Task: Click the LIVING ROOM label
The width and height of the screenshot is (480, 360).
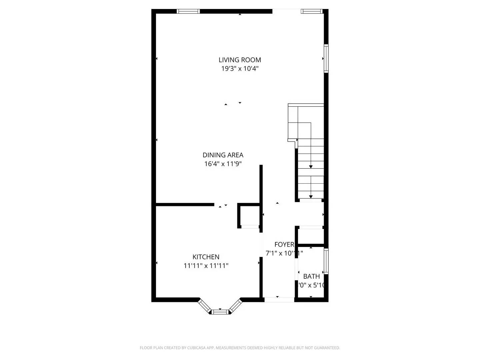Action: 240,60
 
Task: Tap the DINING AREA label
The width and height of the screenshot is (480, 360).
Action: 223,155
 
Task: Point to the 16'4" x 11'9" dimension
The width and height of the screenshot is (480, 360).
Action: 223,164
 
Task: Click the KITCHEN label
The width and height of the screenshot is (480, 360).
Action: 206,257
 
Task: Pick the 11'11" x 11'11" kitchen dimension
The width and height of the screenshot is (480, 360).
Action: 206,266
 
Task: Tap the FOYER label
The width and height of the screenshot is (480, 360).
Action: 284,244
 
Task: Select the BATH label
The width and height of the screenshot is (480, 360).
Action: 311,276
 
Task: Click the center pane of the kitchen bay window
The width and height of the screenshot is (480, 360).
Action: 220,312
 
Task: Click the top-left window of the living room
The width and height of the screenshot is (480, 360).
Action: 188,11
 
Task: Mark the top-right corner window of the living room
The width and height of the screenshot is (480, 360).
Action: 312,11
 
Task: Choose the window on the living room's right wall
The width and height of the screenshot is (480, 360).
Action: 326,58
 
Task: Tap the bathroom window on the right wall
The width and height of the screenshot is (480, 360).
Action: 326,261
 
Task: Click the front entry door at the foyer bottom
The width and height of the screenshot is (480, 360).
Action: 279,300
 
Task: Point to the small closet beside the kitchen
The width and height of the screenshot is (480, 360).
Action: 249,216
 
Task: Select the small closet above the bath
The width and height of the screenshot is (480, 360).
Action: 310,236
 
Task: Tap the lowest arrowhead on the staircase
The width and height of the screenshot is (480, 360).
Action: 311,197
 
